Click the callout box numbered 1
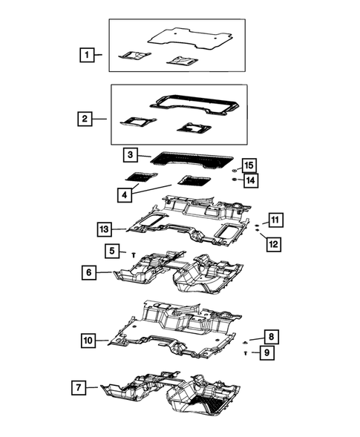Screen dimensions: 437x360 click(88, 54)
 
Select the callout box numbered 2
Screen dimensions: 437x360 click(86, 118)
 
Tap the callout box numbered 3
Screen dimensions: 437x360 click(130, 155)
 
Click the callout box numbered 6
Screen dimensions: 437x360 click(89, 273)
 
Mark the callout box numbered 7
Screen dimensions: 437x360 click(77, 387)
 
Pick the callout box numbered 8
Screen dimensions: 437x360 click(271, 337)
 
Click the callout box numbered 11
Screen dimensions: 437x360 click(275, 219)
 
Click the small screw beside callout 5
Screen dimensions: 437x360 click(132, 254)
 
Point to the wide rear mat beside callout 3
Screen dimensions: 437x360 click(190, 158)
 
